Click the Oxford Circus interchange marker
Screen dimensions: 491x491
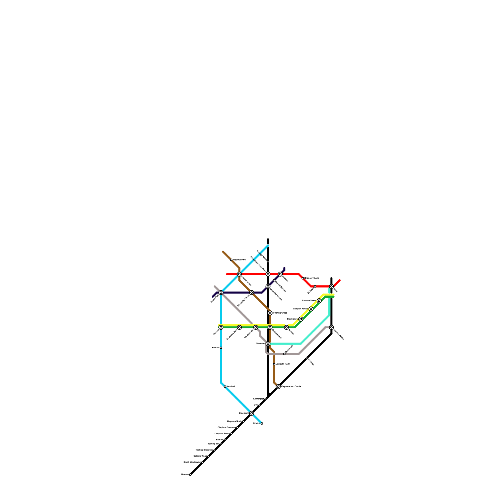coord(239,274)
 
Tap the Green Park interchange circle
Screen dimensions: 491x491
coord(221,292)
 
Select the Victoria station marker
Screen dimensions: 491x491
coord(221,327)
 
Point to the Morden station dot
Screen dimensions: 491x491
coord(190,475)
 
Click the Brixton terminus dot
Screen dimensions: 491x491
coord(262,423)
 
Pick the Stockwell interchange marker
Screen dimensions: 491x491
coord(252,413)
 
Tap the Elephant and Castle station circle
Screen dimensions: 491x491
coord(278,387)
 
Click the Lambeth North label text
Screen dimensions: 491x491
coord(283,364)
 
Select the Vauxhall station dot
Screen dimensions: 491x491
coord(225,387)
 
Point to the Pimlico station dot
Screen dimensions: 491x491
coord(221,348)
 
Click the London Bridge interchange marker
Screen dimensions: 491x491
coord(331,327)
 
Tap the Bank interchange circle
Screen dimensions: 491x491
coord(331,286)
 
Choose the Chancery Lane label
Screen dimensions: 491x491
coord(312,278)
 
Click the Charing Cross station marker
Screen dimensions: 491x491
coord(270,313)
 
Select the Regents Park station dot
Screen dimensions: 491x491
coord(231,260)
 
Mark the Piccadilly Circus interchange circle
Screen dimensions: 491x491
coord(252,292)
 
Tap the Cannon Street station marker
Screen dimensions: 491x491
coord(319,301)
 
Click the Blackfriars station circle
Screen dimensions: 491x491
coord(270,327)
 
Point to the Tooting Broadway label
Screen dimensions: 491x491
coord(204,450)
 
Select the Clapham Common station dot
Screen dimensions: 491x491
coord(237,427)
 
